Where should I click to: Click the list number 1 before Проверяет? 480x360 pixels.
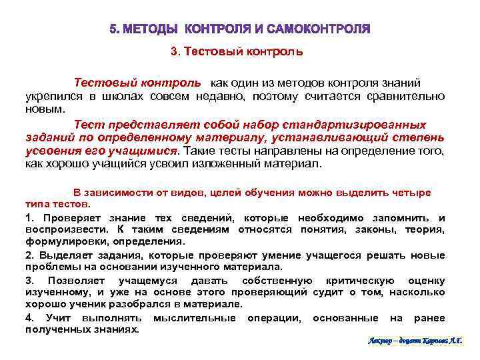(29, 218)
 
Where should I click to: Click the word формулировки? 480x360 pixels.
(55, 241)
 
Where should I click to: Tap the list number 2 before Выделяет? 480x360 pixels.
(29, 255)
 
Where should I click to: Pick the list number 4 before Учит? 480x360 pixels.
(29, 317)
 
